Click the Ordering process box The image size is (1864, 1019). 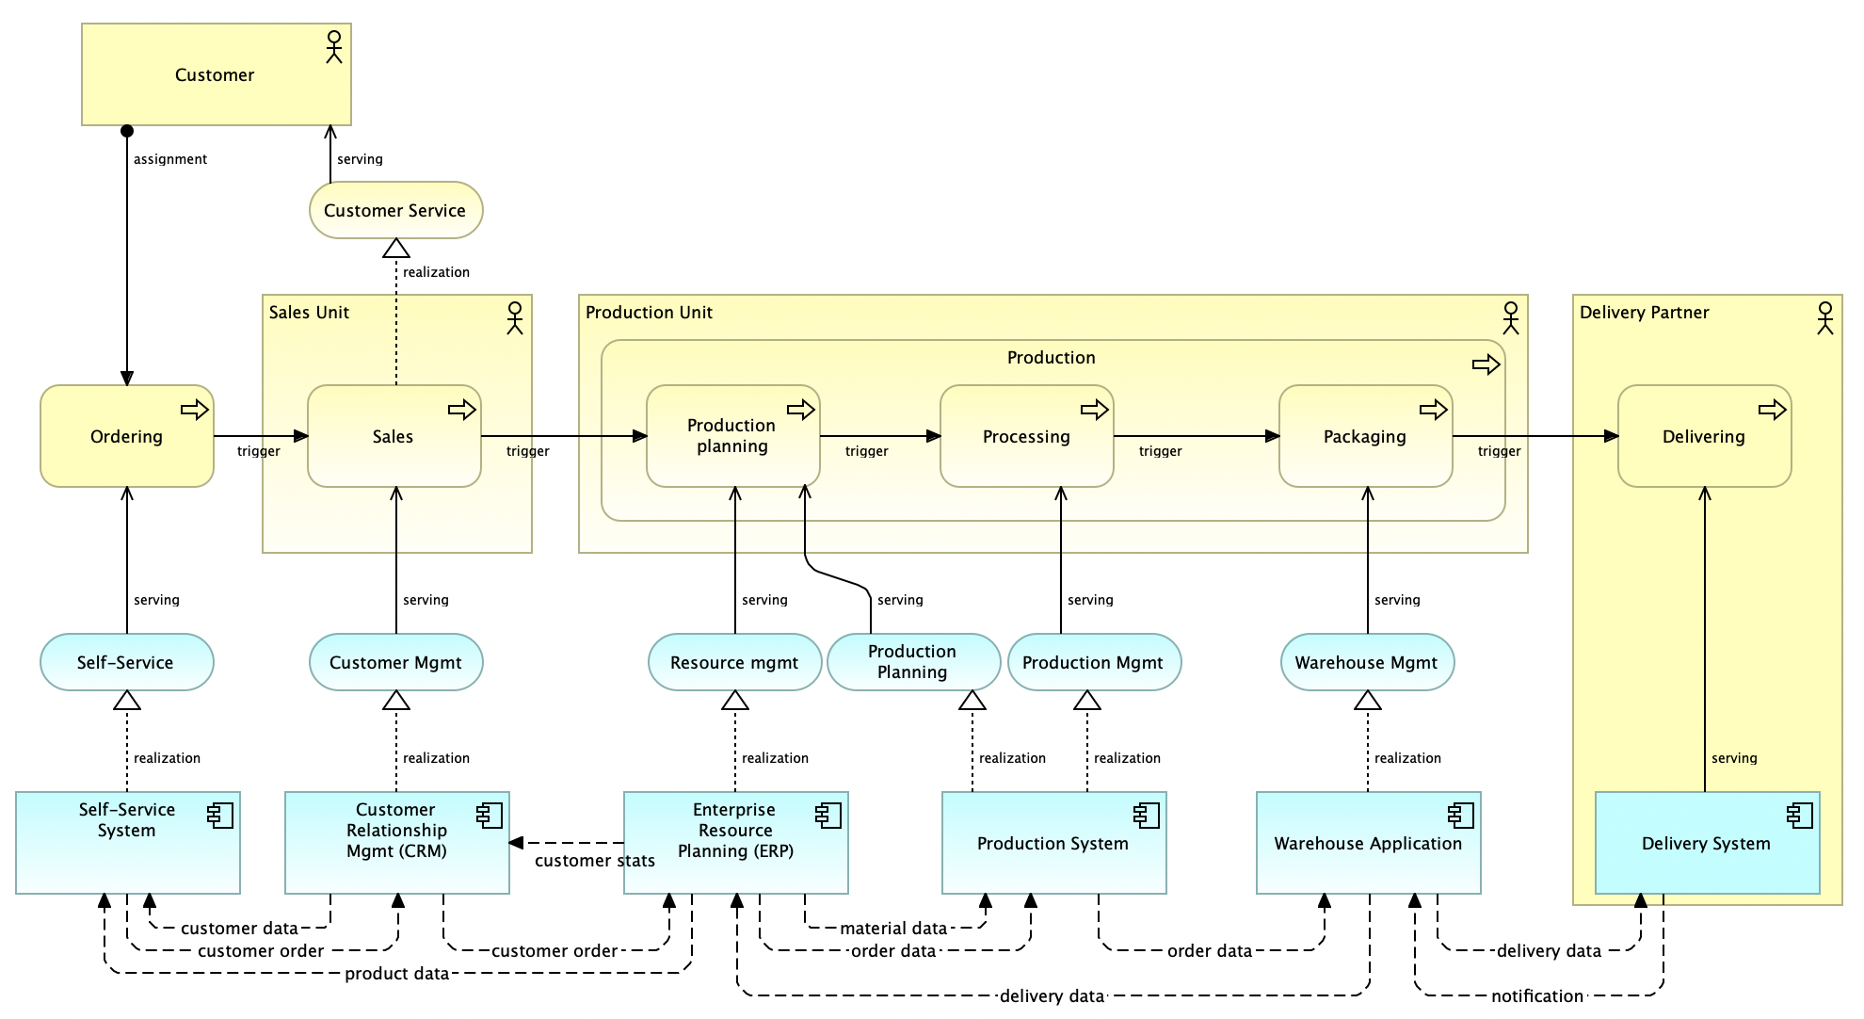pyautogui.click(x=127, y=436)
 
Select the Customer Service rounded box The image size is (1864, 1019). pyautogui.click(x=395, y=210)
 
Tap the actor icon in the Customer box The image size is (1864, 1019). pyautogui.click(x=333, y=46)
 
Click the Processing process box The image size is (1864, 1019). pyautogui.click(x=1027, y=436)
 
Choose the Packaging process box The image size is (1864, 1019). pyautogui.click(x=1366, y=436)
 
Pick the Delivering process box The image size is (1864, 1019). pyautogui.click(x=1705, y=436)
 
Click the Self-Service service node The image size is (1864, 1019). pyautogui.click(x=127, y=662)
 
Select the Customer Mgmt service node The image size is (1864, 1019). pyautogui.click(x=396, y=662)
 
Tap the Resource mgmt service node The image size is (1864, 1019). pyautogui.click(x=735, y=662)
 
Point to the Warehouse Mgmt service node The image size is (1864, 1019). pyautogui.click(x=1368, y=662)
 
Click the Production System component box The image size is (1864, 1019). pyautogui.click(x=1054, y=843)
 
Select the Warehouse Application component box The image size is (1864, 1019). pyautogui.click(x=1369, y=843)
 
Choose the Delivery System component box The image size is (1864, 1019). pyautogui.click(x=1708, y=843)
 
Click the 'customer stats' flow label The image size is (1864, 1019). pyautogui.click(x=595, y=861)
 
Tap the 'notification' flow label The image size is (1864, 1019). pyautogui.click(x=1537, y=996)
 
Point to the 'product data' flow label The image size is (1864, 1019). pyautogui.click(x=396, y=974)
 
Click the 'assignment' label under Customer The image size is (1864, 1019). pyautogui.click(x=170, y=159)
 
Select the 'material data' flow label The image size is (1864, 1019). pyautogui.click(x=893, y=929)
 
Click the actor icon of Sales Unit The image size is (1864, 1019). pyautogui.click(x=514, y=318)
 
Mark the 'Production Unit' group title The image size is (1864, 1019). pyautogui.click(x=649, y=312)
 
